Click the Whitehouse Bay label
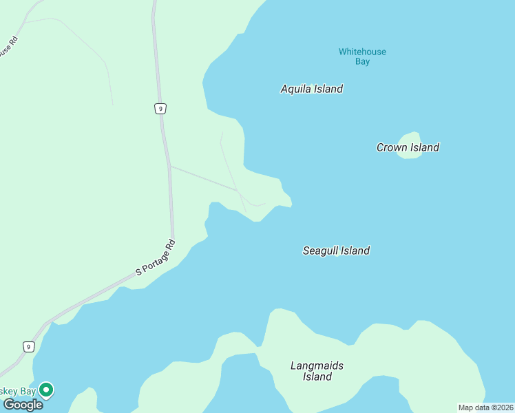pos(362,56)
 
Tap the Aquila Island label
pos(312,89)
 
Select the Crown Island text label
pos(408,147)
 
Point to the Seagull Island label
pos(336,251)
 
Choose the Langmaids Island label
pos(317,371)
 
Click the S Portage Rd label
pos(156,258)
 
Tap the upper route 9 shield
pos(160,108)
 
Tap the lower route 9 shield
pos(28,347)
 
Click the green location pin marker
pos(46,390)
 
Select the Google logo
pos(23,405)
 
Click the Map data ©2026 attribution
pos(486,407)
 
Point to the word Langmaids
pos(317,366)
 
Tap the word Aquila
pos(296,89)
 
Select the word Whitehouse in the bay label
pos(362,52)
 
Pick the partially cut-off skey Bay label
pos(18,391)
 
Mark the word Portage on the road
pos(159,255)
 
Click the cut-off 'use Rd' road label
pos(7,49)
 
